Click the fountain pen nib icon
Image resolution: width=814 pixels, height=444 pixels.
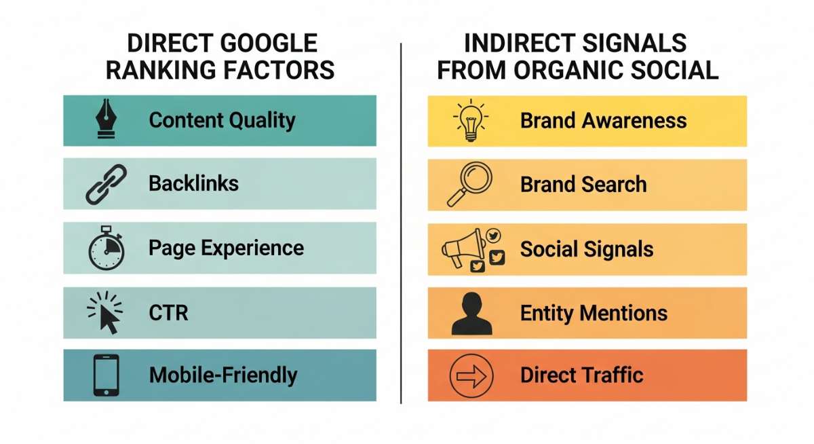(106, 118)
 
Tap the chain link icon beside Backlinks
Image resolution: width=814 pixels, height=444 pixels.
(106, 184)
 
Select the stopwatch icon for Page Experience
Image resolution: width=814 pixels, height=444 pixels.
(106, 248)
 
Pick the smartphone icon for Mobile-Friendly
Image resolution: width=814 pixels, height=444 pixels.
(106, 375)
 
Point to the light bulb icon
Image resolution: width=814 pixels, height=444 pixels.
(471, 120)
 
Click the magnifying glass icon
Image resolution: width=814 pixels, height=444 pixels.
(469, 184)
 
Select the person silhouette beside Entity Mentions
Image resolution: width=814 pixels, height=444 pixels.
(471, 314)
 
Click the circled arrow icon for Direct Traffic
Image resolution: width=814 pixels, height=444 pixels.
(471, 375)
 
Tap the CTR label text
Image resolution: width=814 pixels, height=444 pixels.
(168, 313)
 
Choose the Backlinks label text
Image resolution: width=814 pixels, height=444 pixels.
(193, 183)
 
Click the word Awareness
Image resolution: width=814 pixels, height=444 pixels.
(634, 120)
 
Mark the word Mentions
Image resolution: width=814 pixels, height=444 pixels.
(623, 313)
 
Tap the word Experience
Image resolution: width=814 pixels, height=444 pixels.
(252, 248)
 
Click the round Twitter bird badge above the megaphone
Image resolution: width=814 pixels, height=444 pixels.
(493, 236)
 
